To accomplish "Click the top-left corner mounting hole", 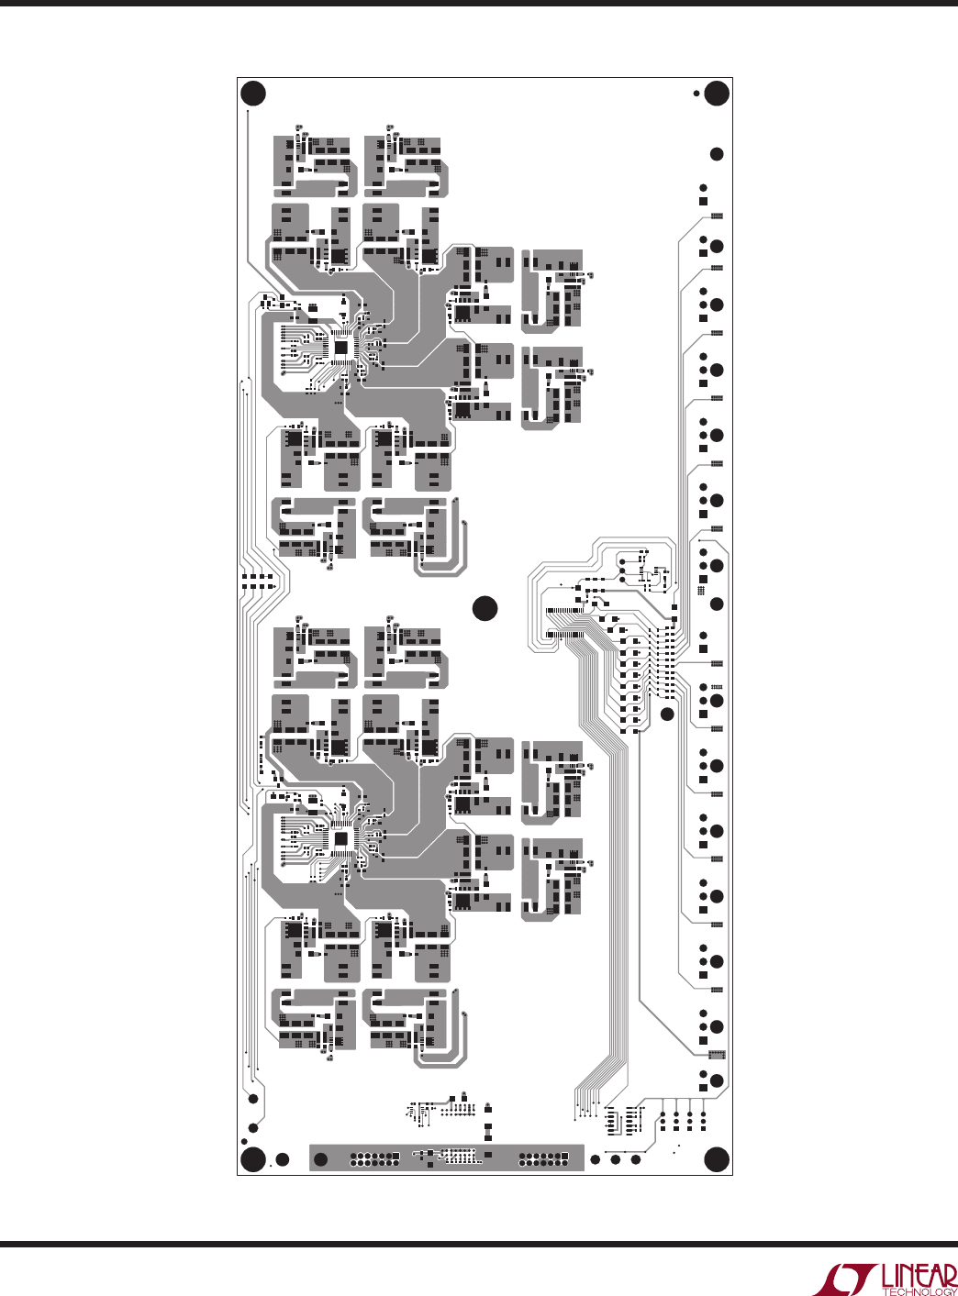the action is [253, 94].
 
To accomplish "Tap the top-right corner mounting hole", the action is [717, 94].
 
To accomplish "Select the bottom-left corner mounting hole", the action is [253, 1160].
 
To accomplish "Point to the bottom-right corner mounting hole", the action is [717, 1160].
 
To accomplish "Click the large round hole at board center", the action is [485, 608].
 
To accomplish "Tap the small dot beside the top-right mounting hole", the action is [696, 93].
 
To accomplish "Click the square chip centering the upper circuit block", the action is [341, 349].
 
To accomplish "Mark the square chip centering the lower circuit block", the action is [341, 839].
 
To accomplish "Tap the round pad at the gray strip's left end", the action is [320, 1160].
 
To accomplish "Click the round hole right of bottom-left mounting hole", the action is [282, 1160].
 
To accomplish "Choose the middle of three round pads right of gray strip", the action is [616, 1160].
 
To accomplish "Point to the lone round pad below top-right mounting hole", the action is [717, 154].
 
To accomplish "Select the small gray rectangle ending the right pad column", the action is [717, 1055].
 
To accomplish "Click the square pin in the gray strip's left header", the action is [395, 1156].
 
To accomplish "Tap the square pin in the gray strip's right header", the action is [565, 1156].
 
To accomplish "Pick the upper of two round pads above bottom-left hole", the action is [253, 1099].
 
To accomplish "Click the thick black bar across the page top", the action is [479, 3].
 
